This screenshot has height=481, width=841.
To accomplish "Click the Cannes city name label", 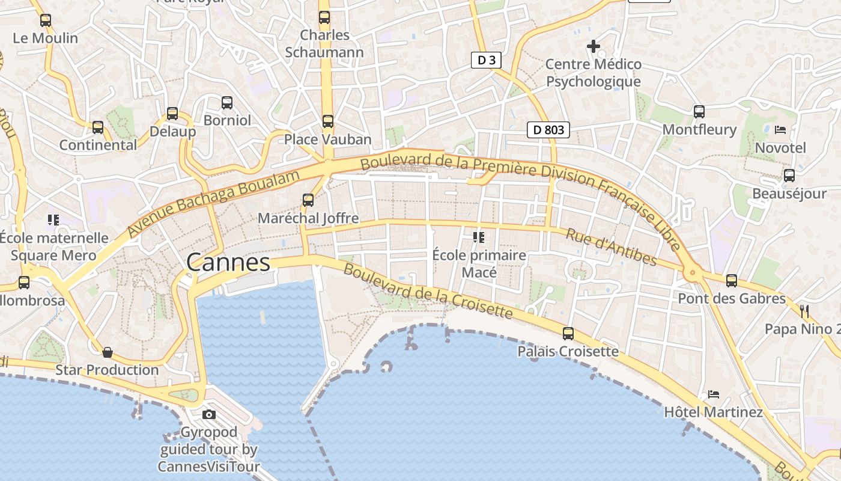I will [228, 263].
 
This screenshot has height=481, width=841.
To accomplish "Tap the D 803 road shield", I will [548, 130].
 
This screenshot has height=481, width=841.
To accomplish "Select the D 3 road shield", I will [485, 60].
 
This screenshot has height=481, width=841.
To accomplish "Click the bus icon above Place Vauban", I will [327, 121].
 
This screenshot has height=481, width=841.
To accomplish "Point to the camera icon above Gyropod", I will [209, 414].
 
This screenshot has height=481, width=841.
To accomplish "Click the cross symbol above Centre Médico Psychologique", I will [594, 46].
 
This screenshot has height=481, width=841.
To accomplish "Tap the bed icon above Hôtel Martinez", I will [714, 394].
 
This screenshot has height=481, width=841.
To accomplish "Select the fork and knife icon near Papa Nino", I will [804, 311].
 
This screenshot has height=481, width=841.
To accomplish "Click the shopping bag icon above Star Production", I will [108, 352].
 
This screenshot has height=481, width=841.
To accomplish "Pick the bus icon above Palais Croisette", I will [568, 333].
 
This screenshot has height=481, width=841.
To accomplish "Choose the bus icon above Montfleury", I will [699, 111].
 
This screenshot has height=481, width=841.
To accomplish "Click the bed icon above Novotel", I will [780, 129].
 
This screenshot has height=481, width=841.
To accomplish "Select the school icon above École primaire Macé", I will [479, 237].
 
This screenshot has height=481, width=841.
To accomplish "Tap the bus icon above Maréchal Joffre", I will [308, 200].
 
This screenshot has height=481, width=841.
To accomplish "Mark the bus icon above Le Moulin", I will [46, 20].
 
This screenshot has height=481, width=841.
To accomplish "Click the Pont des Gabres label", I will [731, 298].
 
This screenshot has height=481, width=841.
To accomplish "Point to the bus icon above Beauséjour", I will [789, 176].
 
